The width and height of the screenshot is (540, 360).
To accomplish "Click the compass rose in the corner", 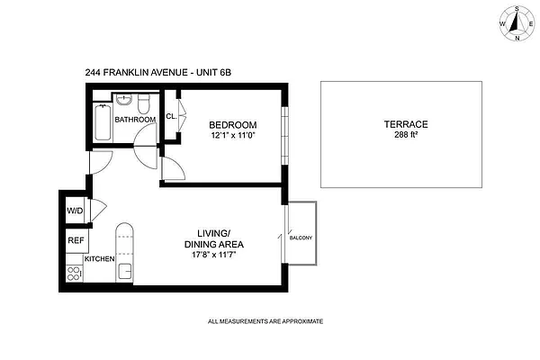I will coord(517,22).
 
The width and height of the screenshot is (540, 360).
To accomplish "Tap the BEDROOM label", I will coord(233,124).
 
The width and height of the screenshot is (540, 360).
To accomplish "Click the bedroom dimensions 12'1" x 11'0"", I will coord(233,136).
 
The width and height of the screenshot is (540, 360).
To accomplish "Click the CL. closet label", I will coord(170,115).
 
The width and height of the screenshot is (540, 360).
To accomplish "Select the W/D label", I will coord(74,211).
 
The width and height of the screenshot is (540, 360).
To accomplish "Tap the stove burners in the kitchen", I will coord(73,268).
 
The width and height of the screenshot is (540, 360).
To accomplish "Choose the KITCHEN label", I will coord(100,259).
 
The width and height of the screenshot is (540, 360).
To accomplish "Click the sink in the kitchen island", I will coord(126,269).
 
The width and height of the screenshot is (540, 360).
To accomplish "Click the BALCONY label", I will coord(301,238).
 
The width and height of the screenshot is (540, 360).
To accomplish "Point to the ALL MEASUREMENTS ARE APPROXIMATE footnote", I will coord(265,321).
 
